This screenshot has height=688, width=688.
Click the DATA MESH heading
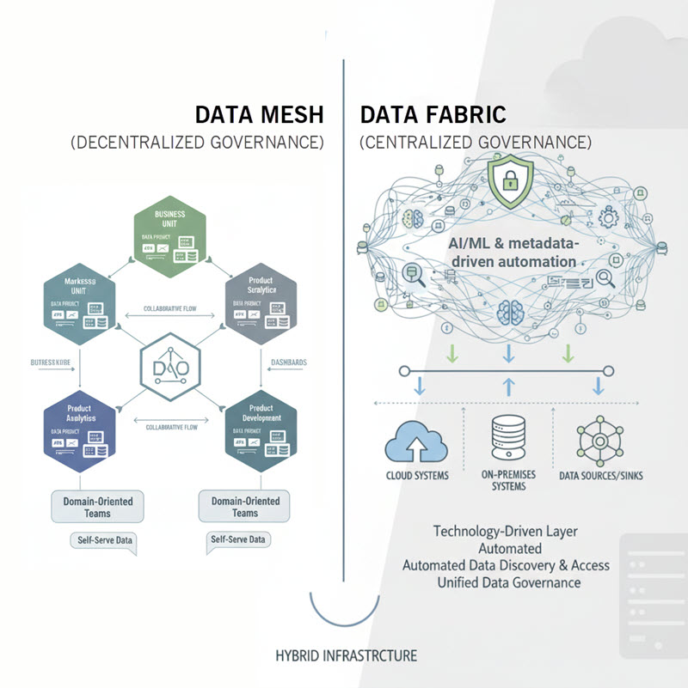click(259, 115)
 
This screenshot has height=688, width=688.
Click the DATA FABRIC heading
click(433, 115)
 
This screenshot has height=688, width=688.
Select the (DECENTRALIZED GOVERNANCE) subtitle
click(197, 143)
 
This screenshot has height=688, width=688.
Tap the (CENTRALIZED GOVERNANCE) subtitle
click(476, 142)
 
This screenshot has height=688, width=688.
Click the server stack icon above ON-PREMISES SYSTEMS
click(509, 439)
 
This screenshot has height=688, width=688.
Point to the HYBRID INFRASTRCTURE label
click(347, 655)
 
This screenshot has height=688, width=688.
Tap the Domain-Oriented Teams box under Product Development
click(244, 506)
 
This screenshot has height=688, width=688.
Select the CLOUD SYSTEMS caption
click(416, 475)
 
